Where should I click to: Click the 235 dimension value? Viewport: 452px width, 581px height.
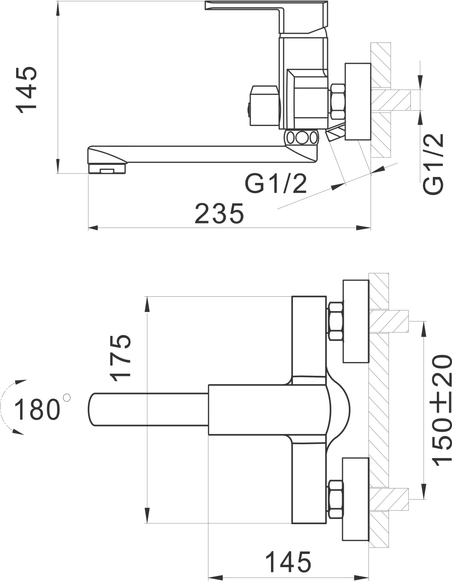(x=219, y=214)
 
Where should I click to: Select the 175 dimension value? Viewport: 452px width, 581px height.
(x=121, y=358)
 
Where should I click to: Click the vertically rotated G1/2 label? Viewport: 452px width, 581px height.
(x=433, y=164)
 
